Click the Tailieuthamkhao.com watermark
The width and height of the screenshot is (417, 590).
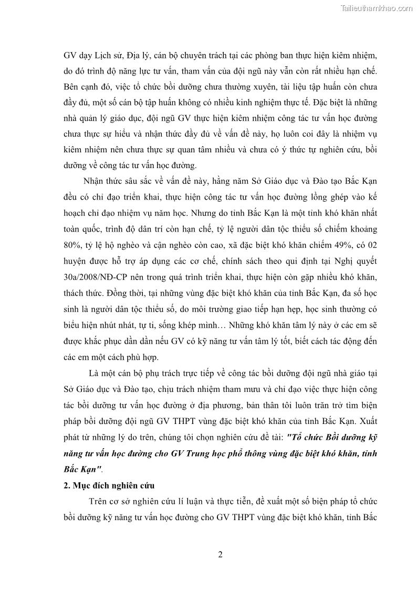pos(377,8)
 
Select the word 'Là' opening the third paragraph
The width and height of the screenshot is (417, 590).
pos(96,374)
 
